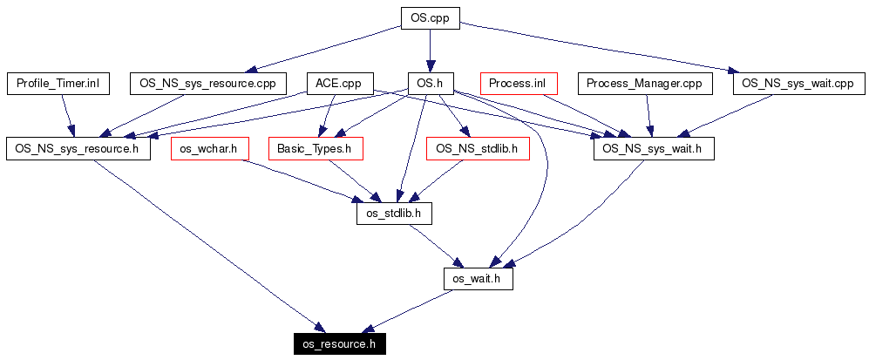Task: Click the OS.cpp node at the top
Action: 430,17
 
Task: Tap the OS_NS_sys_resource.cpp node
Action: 207,84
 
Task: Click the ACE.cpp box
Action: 339,84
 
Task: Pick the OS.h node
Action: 431,84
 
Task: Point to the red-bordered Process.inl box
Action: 518,84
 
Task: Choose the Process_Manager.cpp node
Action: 645,84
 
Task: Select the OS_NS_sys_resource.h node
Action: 78,149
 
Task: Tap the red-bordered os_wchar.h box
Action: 209,149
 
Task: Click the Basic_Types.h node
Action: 314,149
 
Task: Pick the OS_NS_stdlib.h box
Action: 477,149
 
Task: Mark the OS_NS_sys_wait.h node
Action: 654,149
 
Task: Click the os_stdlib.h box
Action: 395,214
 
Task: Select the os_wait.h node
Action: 478,279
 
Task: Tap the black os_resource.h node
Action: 338,344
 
